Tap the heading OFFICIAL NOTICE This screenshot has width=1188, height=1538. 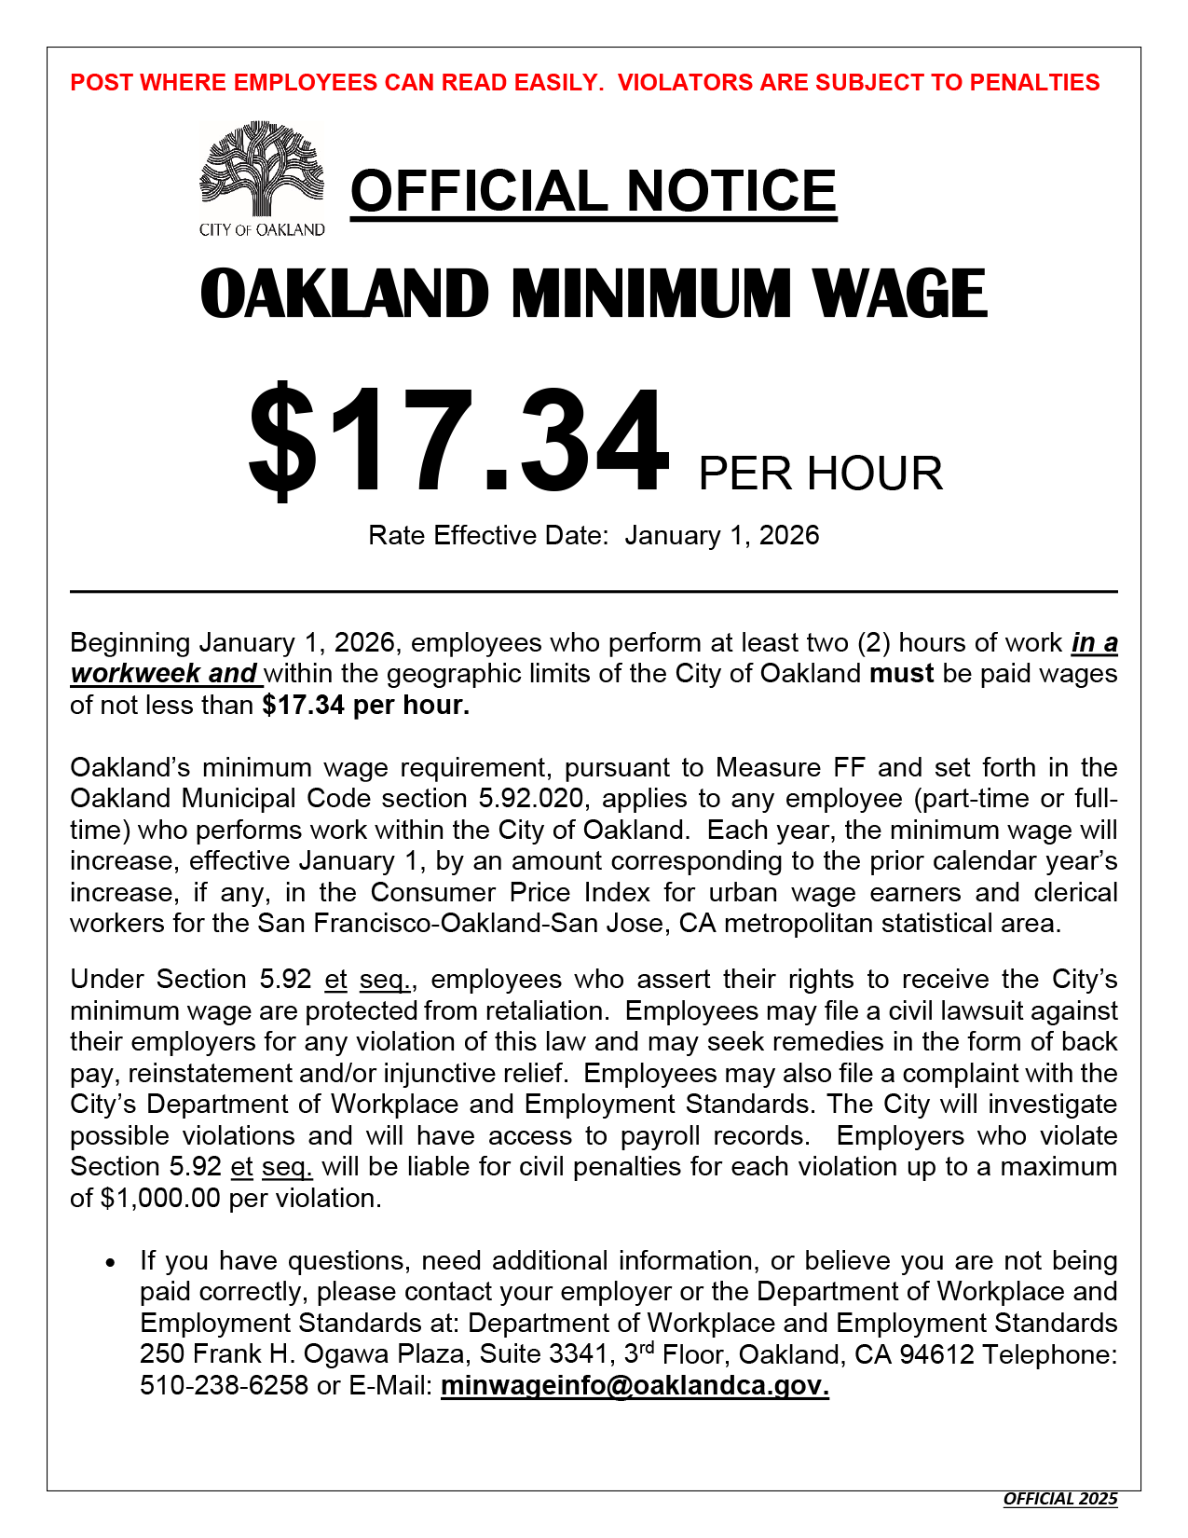coord(594,191)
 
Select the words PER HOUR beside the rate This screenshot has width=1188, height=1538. coord(820,474)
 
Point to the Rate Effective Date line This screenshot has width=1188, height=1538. coord(594,535)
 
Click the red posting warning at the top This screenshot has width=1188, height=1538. coord(585,82)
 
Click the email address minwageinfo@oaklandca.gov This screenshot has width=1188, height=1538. coord(635,1385)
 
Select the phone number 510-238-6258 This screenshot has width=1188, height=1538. coord(224,1385)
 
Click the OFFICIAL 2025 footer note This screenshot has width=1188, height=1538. coord(1059,1499)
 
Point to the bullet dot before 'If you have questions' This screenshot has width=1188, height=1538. coord(111,1263)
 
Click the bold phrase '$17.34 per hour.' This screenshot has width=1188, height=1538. coord(366,705)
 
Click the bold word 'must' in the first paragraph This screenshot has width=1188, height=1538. coord(901,673)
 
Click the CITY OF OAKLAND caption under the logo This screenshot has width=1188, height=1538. coord(262,230)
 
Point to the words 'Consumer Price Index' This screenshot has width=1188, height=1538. coord(510,892)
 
